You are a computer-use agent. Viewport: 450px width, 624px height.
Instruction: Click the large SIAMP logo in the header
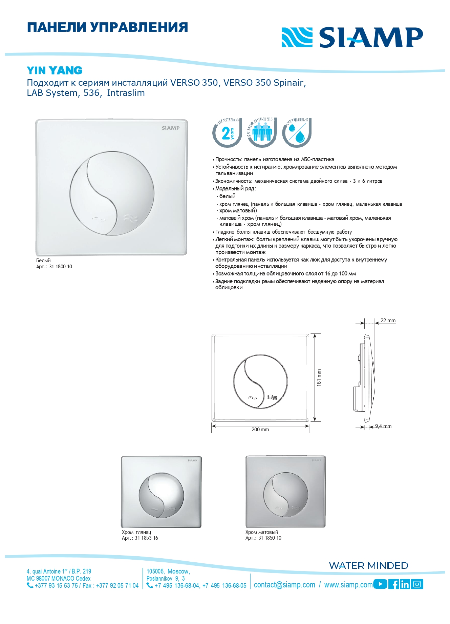click(x=352, y=37)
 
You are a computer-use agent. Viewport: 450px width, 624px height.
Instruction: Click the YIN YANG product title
click(x=55, y=70)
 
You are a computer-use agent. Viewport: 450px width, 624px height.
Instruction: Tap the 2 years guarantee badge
click(x=227, y=132)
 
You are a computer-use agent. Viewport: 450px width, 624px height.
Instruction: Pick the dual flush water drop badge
click(x=297, y=132)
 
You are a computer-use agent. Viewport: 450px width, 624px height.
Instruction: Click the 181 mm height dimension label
click(x=319, y=378)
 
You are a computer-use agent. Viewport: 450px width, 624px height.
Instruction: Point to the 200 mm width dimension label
click(x=260, y=430)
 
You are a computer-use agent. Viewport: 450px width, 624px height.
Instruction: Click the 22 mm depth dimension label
click(x=388, y=320)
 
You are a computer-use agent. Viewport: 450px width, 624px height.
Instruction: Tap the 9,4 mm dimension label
click(x=383, y=426)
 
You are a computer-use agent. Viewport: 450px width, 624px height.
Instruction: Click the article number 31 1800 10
click(x=61, y=267)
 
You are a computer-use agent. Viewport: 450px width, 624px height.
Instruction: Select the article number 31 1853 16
click(x=146, y=538)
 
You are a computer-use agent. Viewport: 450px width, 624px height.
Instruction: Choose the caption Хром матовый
click(x=262, y=532)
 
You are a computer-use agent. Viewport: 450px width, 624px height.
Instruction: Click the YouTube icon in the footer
click(x=380, y=584)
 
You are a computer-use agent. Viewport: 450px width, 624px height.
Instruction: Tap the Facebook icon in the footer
click(x=394, y=584)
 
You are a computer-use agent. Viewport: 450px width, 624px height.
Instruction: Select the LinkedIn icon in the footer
click(x=405, y=584)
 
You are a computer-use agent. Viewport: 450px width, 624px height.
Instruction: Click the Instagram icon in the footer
click(x=417, y=584)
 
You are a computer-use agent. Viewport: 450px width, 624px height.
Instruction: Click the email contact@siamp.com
click(x=284, y=585)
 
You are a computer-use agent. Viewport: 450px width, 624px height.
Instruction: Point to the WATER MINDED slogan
click(x=369, y=565)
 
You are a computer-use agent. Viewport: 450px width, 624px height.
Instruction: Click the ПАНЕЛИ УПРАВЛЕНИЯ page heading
click(x=108, y=27)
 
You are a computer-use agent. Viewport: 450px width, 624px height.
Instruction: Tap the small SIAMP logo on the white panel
click(x=171, y=128)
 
